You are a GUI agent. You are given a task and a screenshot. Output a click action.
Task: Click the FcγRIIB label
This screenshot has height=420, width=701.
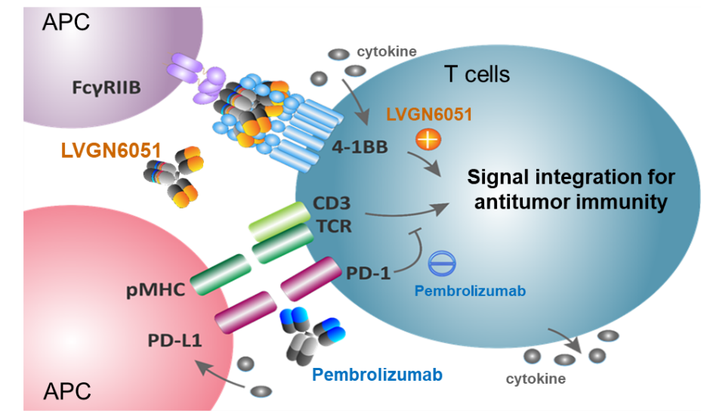pyautogui.click(x=107, y=88)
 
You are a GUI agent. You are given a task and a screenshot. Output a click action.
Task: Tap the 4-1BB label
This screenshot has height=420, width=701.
pyautogui.click(x=360, y=147)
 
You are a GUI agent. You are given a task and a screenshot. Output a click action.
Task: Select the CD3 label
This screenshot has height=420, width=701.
pyautogui.click(x=332, y=203)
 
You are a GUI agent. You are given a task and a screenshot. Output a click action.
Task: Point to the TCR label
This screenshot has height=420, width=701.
pyautogui.click(x=334, y=226)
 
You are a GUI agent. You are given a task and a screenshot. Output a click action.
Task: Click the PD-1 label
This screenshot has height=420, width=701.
pyautogui.click(x=369, y=273)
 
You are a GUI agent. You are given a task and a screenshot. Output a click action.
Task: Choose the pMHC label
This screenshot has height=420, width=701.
pyautogui.click(x=156, y=290)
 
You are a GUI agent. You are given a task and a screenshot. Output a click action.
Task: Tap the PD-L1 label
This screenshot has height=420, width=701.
pyautogui.click(x=174, y=341)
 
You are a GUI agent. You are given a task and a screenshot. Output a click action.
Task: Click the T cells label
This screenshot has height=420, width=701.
pyautogui.click(x=477, y=74)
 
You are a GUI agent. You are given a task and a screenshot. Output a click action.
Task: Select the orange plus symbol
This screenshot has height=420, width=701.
pyautogui.click(x=428, y=140)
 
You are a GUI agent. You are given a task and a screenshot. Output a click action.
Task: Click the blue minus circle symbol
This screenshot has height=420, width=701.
pyautogui.click(x=442, y=264)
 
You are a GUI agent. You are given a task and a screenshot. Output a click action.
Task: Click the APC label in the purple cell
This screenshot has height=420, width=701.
pyautogui.click(x=66, y=22)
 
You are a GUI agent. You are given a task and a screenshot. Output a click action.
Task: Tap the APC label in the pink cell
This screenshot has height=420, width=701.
pyautogui.click(x=67, y=391)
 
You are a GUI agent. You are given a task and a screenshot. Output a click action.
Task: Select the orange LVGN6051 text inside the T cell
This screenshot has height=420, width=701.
pyautogui.click(x=429, y=115)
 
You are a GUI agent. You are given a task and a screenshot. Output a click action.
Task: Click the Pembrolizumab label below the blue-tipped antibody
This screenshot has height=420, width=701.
pyautogui.click(x=378, y=375)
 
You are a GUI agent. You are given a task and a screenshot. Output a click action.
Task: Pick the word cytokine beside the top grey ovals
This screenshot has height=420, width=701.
pyautogui.click(x=387, y=52)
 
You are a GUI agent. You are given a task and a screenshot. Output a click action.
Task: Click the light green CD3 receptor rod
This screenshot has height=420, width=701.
pyautogui.click(x=279, y=221)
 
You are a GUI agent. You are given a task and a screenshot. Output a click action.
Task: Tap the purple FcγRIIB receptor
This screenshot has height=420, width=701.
pyautogui.click(x=196, y=79)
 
